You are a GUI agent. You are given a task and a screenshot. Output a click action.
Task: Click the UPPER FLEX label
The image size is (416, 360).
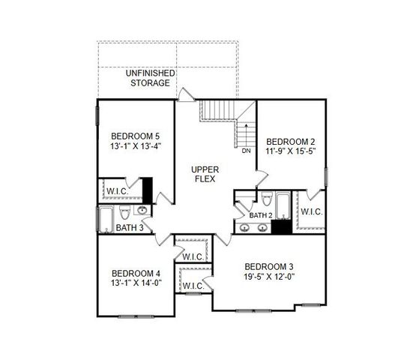[205, 175]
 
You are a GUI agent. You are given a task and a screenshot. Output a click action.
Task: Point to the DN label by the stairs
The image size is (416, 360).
[246, 151]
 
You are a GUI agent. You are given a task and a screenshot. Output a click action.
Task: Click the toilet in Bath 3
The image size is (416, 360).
[124, 210]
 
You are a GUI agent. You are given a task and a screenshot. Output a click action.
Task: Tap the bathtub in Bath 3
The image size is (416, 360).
[104, 219]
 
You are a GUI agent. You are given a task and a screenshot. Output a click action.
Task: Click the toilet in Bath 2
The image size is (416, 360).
[267, 200]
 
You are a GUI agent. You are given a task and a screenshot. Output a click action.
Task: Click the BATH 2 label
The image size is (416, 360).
[260, 216]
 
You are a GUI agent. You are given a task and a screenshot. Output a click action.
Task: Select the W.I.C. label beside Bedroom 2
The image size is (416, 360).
[311, 211]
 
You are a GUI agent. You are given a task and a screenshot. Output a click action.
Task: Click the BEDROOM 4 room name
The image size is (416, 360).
[136, 273]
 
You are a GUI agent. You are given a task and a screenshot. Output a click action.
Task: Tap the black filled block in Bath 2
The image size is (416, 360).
[280, 228]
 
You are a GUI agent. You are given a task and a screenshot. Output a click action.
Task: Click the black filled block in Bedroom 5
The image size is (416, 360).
[148, 189]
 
